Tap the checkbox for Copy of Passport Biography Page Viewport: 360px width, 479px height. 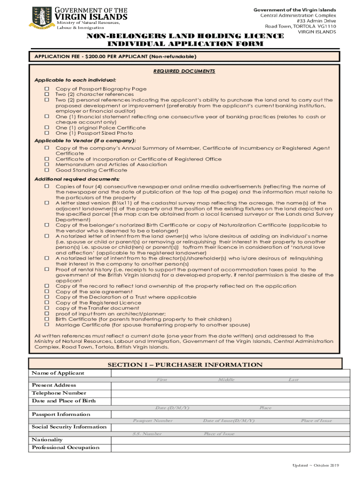47,89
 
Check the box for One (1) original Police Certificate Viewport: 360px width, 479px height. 47,128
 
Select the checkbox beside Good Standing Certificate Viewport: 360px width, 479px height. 47,170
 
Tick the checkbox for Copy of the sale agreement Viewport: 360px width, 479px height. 47,291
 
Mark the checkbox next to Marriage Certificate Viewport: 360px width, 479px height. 47,325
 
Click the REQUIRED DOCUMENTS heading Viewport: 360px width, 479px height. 184,71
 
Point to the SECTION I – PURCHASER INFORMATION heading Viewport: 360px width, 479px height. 185,365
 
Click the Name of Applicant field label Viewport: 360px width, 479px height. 58,373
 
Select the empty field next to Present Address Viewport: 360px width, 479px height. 230,385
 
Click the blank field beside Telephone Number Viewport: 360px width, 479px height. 230,393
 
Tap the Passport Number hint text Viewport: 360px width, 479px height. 153,421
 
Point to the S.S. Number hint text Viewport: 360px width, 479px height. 147,434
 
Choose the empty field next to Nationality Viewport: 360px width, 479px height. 230,440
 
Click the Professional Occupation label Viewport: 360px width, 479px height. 65,448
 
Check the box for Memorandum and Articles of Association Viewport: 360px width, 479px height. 47,165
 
